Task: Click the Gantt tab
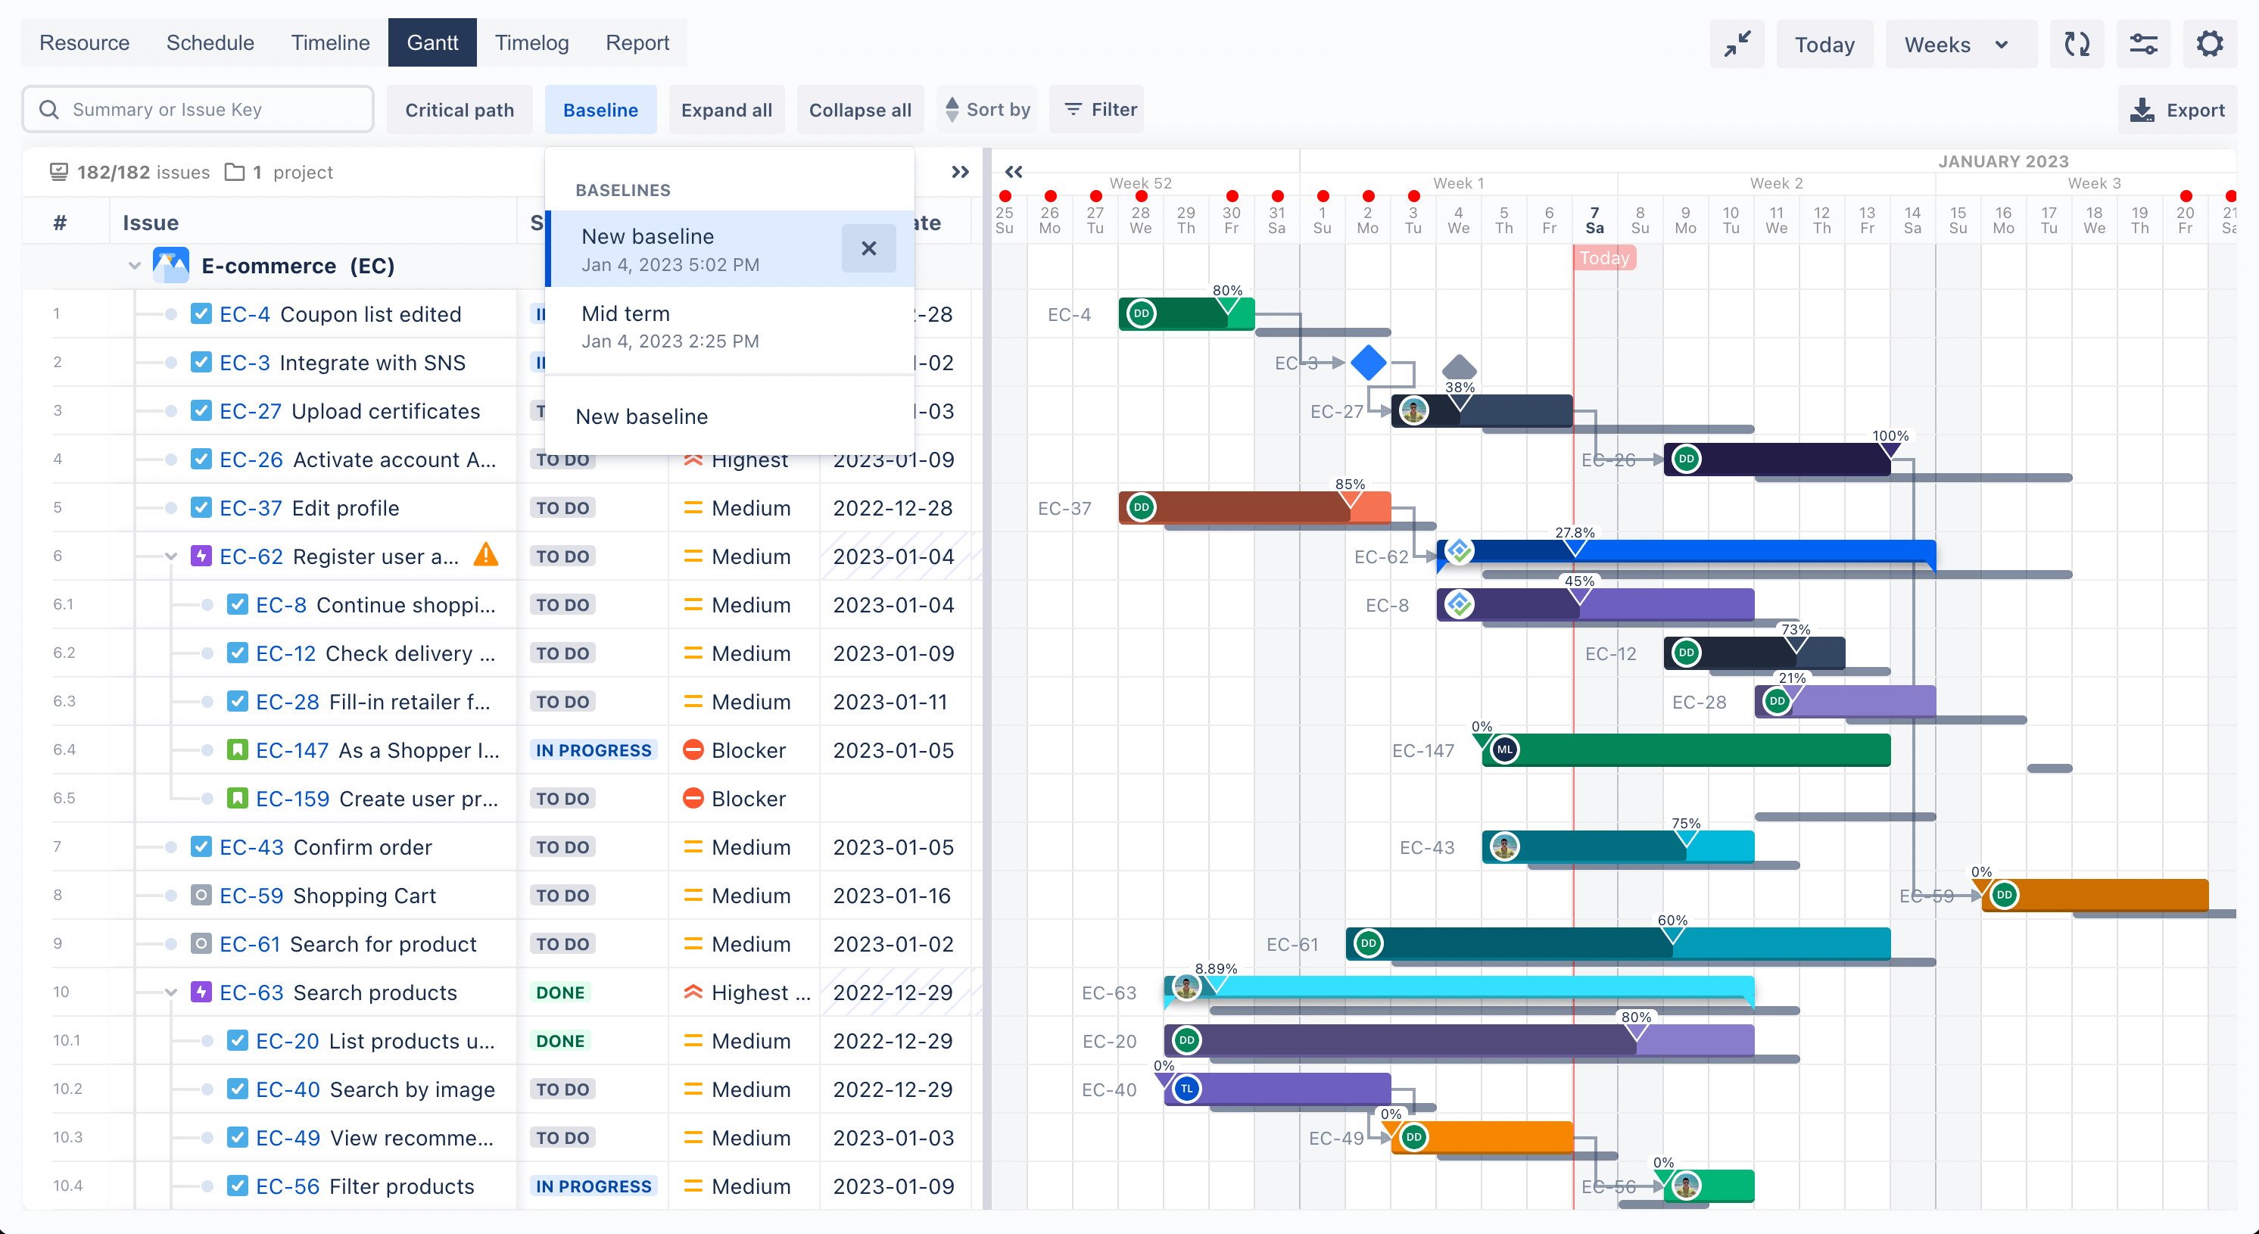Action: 432,43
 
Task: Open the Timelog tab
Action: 531,43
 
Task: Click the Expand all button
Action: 726,110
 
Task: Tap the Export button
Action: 2177,110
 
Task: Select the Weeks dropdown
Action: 1955,45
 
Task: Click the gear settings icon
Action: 2209,44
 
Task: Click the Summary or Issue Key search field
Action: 198,110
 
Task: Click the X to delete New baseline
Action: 868,249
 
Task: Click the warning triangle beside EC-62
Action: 486,555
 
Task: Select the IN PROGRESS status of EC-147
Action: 593,751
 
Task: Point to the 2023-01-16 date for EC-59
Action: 892,896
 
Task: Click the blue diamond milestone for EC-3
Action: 1368,362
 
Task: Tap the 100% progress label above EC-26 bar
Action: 1890,436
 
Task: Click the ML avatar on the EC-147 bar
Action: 1505,750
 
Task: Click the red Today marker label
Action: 1604,258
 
